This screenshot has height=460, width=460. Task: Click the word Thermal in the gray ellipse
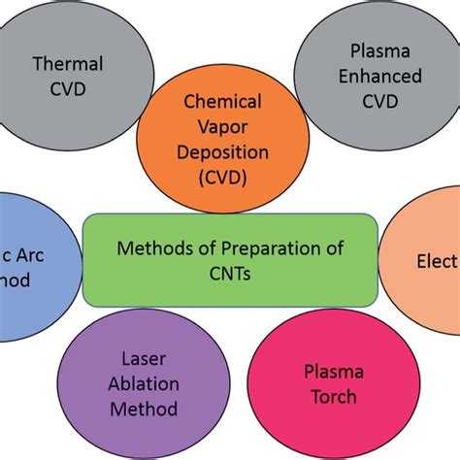coord(68,64)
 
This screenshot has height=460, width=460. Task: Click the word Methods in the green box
coord(152,248)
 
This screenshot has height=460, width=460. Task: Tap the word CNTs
coord(230,273)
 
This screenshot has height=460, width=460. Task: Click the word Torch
coord(330,397)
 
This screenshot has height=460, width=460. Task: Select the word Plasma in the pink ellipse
coord(330,372)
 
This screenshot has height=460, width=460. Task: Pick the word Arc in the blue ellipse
coord(21,255)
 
